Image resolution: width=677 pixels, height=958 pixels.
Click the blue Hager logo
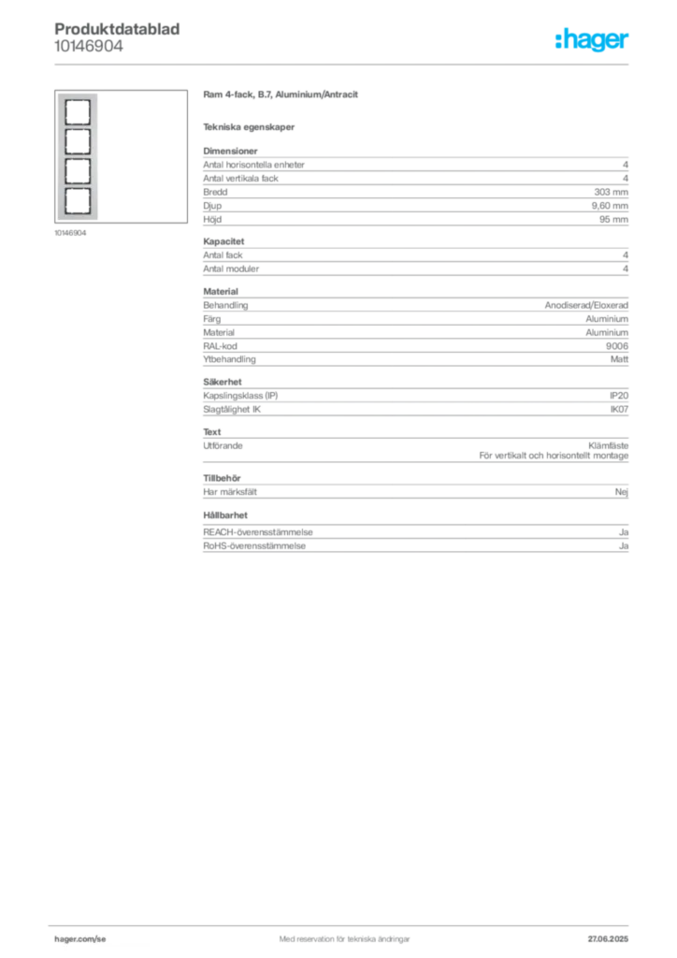coord(594,40)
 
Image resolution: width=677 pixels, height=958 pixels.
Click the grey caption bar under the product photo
coord(70,234)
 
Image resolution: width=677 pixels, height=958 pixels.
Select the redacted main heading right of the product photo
coord(281,94)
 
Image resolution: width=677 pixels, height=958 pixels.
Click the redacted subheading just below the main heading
coord(251,126)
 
